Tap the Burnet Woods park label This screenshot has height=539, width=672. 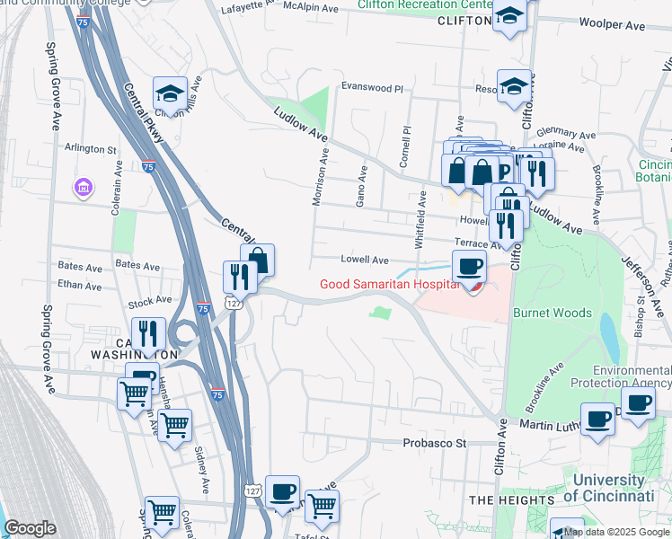(553, 314)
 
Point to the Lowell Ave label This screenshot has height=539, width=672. (365, 260)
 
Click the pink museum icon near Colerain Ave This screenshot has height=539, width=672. (83, 188)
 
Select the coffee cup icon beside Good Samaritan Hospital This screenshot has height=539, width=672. (469, 266)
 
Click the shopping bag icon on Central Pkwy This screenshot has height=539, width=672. (258, 261)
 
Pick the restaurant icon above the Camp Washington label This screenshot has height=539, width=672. (149, 333)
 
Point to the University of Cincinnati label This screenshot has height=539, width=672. (600, 488)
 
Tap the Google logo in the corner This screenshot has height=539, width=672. (30, 528)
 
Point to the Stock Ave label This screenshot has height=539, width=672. (150, 300)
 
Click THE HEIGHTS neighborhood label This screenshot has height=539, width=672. (512, 499)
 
